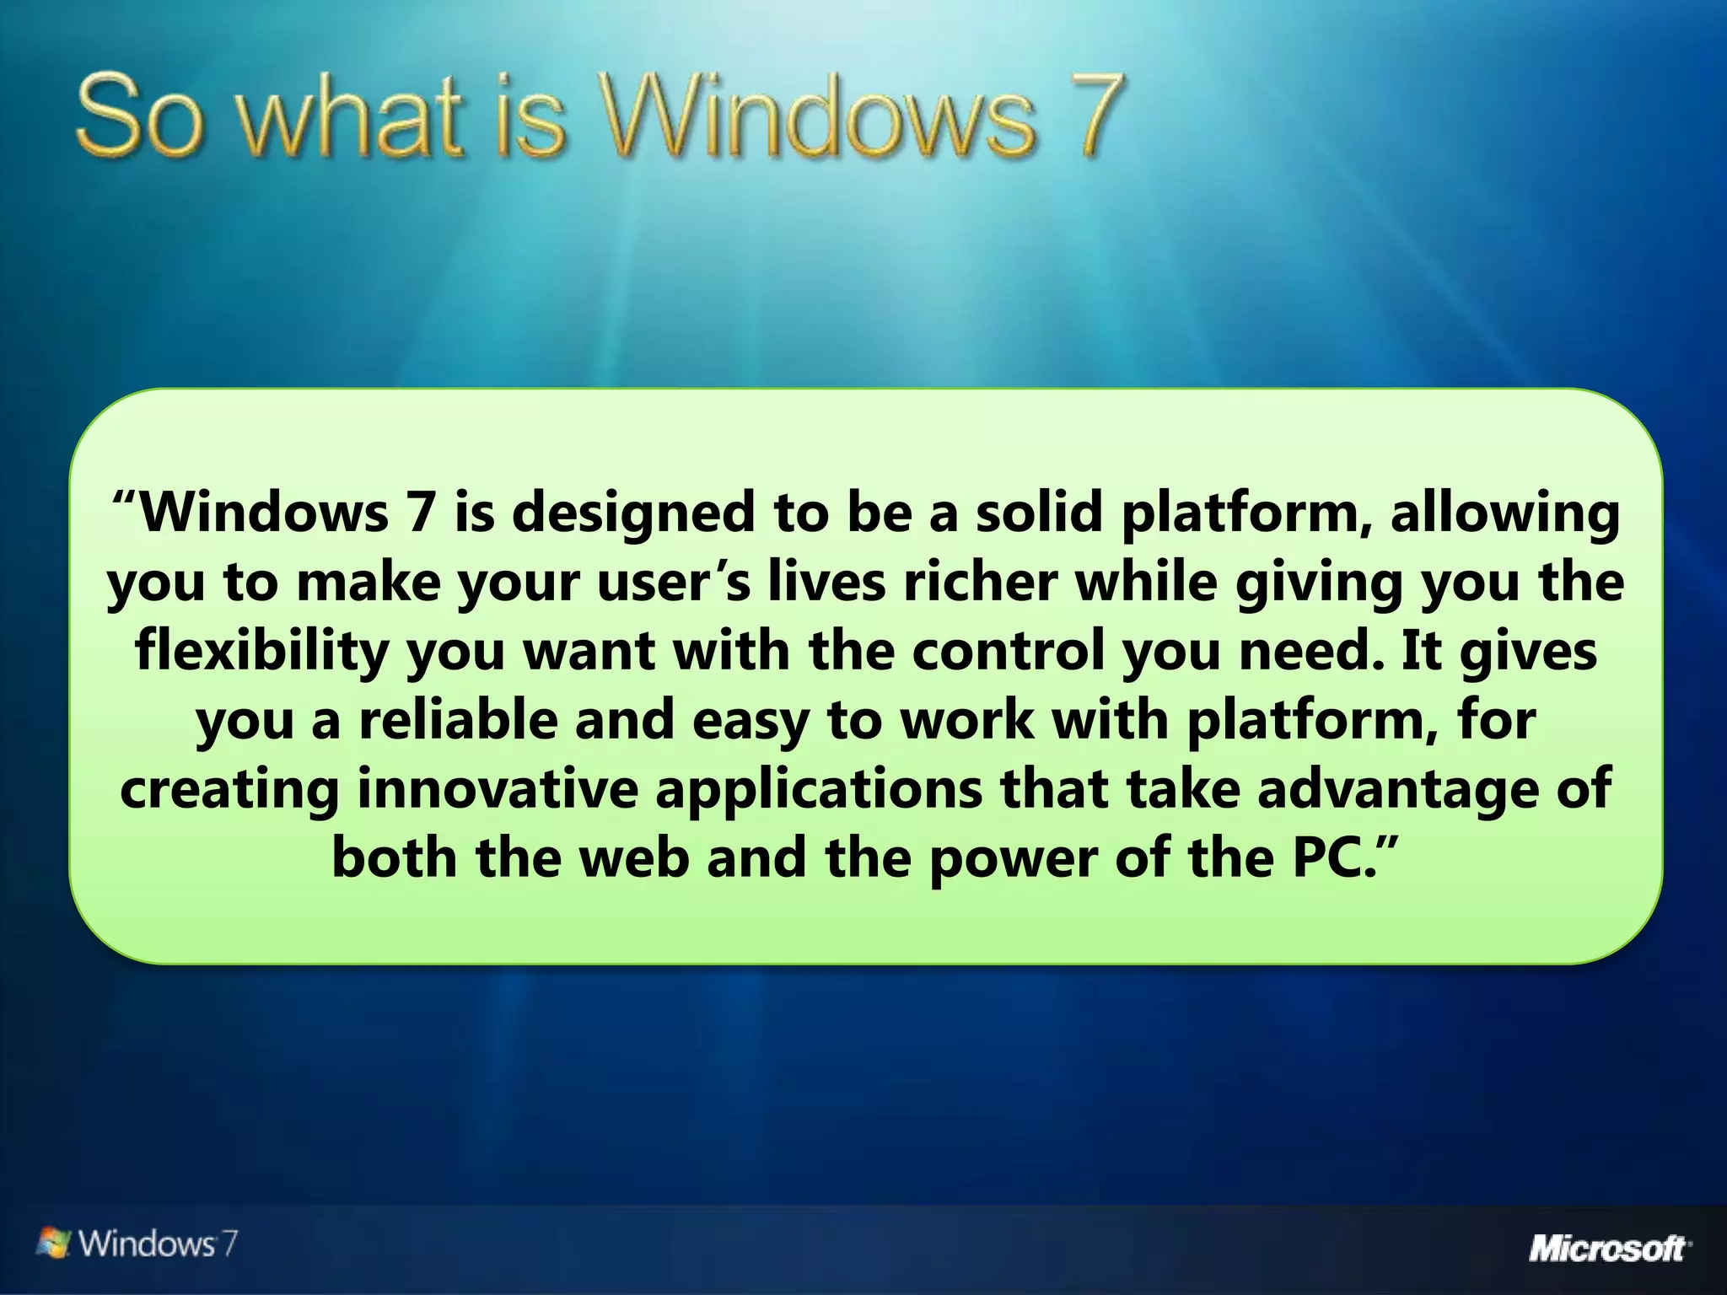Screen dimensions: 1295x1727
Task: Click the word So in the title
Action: tap(140, 118)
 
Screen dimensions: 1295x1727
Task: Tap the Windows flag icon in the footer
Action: tap(56, 1243)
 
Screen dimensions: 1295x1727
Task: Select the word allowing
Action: tap(1505, 514)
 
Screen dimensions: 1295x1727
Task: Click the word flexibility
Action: tap(261, 653)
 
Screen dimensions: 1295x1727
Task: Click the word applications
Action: tap(818, 791)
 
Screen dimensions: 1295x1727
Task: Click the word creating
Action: tap(229, 791)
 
